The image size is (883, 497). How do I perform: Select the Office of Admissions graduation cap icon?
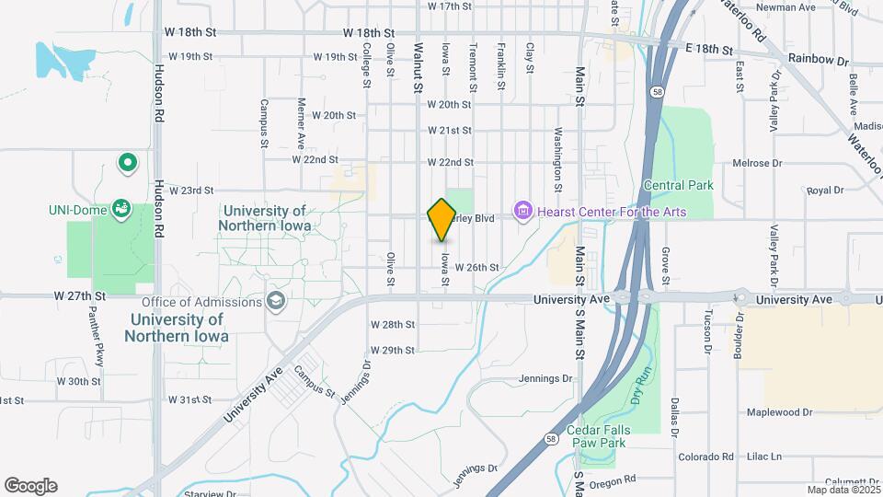pyautogui.click(x=275, y=302)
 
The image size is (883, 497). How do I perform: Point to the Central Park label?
pyautogui.click(x=678, y=186)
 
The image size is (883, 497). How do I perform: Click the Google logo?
pyautogui.click(x=30, y=486)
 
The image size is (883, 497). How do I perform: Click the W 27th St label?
pyautogui.click(x=81, y=296)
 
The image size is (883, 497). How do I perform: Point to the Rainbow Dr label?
pyautogui.click(x=819, y=61)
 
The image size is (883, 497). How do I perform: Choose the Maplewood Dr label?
pyautogui.click(x=778, y=412)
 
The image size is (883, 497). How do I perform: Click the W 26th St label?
pyautogui.click(x=476, y=268)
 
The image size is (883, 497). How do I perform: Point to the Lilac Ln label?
pyautogui.click(x=763, y=457)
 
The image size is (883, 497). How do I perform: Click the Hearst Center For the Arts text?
pyautogui.click(x=612, y=213)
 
